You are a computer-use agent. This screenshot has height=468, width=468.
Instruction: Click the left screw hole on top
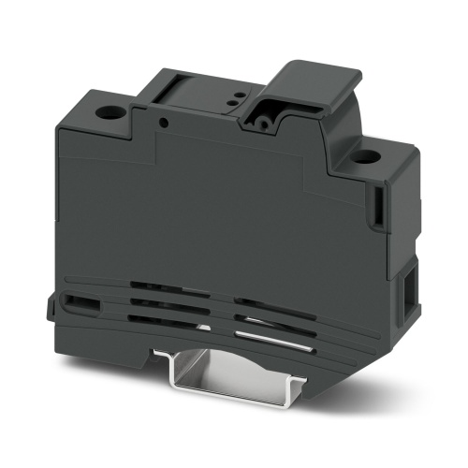[x=111, y=114]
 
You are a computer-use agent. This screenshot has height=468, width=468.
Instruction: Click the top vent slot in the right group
[x=261, y=301]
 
